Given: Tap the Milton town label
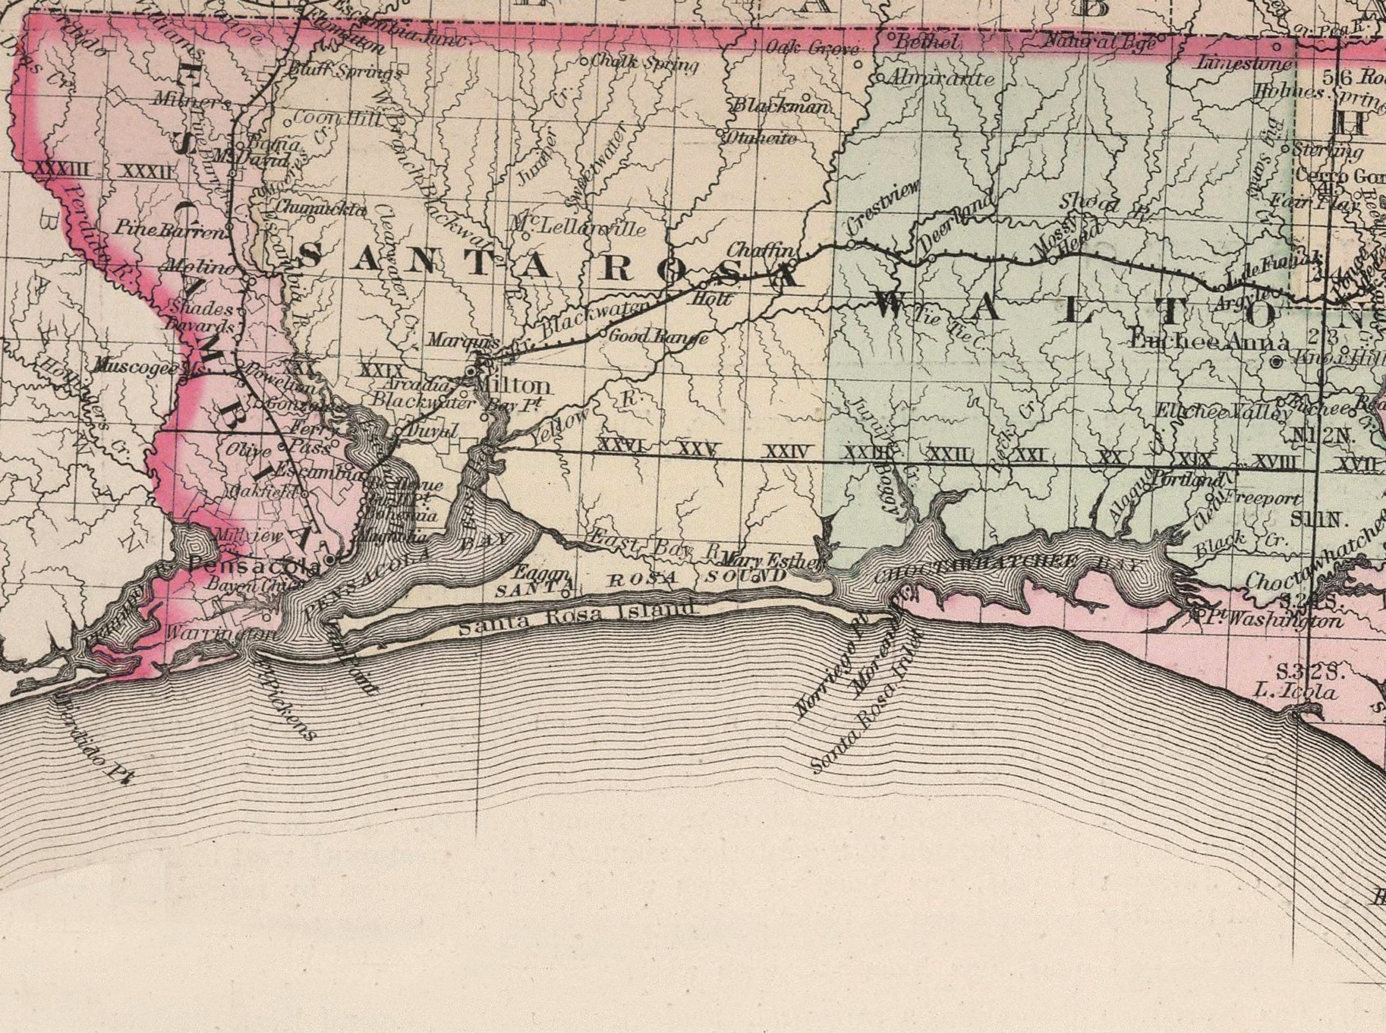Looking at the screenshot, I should click(512, 385).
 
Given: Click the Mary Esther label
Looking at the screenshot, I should click(768, 559).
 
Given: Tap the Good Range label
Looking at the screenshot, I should click(658, 337).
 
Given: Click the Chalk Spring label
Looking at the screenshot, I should click(644, 63).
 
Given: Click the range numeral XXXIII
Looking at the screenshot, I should click(62, 169).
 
